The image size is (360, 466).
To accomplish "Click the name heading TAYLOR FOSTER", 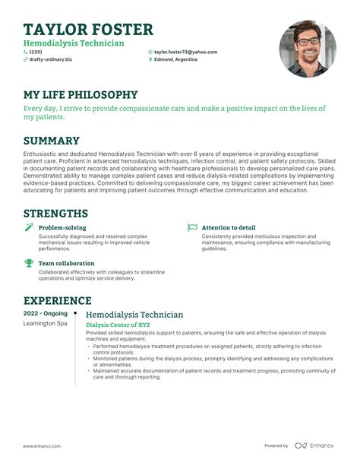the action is (x=88, y=30).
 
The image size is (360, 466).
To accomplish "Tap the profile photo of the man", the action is (x=308, y=49).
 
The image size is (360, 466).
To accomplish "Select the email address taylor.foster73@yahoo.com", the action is (x=185, y=52).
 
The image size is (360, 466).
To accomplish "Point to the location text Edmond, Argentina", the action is (x=178, y=59).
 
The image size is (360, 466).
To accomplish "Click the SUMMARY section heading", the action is (x=52, y=141).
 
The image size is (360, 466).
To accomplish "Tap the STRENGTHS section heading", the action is (x=55, y=214).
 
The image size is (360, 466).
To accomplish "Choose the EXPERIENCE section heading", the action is (x=58, y=301).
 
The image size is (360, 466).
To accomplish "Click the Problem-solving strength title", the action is (x=62, y=227).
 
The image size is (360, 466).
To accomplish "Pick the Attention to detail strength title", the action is (x=229, y=227).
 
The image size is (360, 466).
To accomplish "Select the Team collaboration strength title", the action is (x=66, y=263).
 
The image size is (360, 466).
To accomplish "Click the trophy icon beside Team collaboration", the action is (x=29, y=263).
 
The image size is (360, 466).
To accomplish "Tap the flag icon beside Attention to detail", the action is (x=193, y=227).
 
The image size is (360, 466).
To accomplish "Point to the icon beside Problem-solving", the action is (x=29, y=227).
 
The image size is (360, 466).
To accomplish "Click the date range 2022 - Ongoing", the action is (x=46, y=313).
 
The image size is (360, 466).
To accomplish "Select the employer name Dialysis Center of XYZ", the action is (x=118, y=325).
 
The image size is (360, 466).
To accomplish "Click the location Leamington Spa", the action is (x=46, y=324).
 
